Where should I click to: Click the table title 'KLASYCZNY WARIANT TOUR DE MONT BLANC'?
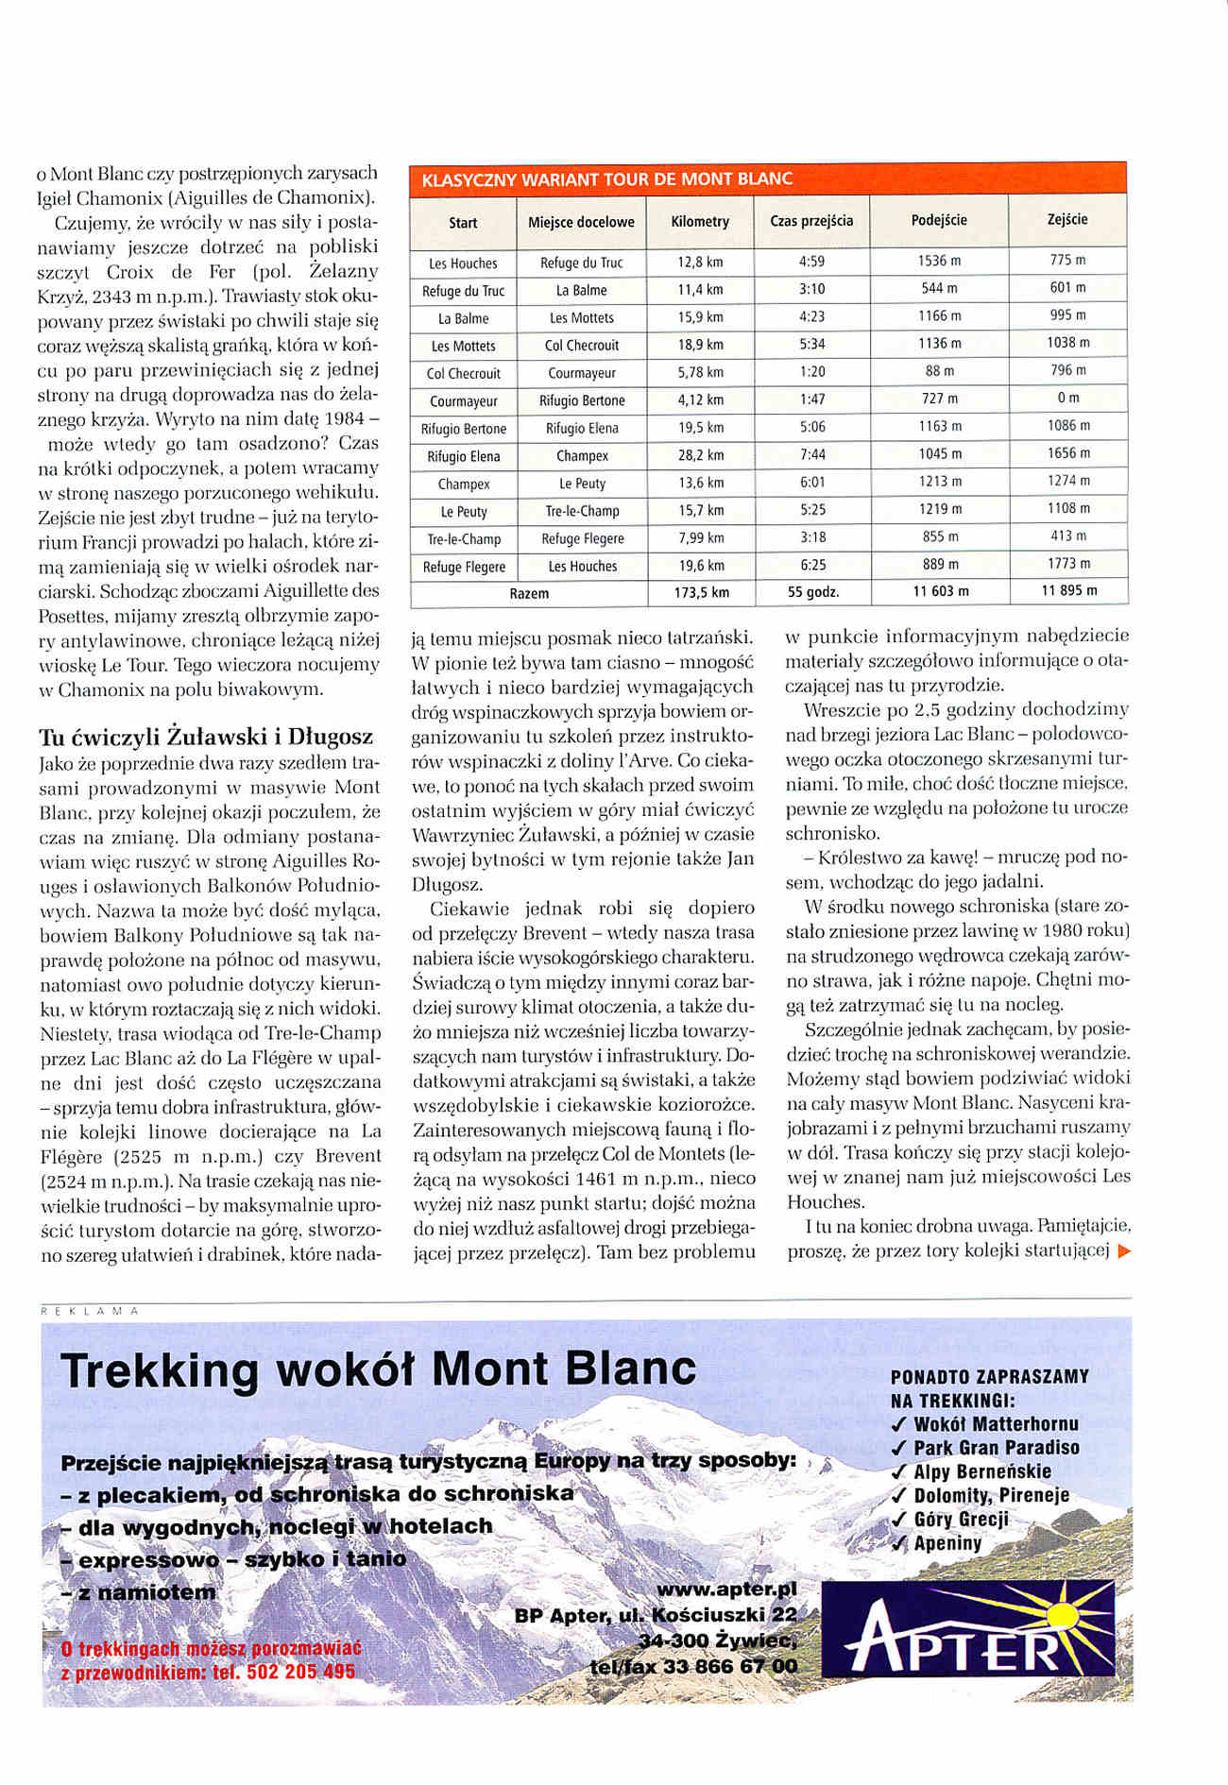[x=606, y=179]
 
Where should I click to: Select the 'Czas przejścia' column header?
[x=811, y=221]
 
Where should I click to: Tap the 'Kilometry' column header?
[x=700, y=222]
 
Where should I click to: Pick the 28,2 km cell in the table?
[x=700, y=455]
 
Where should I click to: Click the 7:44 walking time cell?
[x=811, y=455]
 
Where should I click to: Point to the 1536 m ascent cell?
[x=939, y=261]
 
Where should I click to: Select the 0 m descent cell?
[x=1067, y=398]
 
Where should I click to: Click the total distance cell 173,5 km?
[x=700, y=593]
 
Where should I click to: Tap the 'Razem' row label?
[x=529, y=594]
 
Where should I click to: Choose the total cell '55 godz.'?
[x=813, y=593]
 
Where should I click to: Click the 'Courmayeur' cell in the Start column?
[x=463, y=401]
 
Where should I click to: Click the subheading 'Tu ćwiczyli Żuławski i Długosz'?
[x=206, y=737]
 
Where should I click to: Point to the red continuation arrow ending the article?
[x=1123, y=1251]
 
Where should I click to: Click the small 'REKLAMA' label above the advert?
[x=91, y=1311]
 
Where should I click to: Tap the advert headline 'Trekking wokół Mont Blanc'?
[x=378, y=1369]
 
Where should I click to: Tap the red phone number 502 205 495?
[x=299, y=1671]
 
